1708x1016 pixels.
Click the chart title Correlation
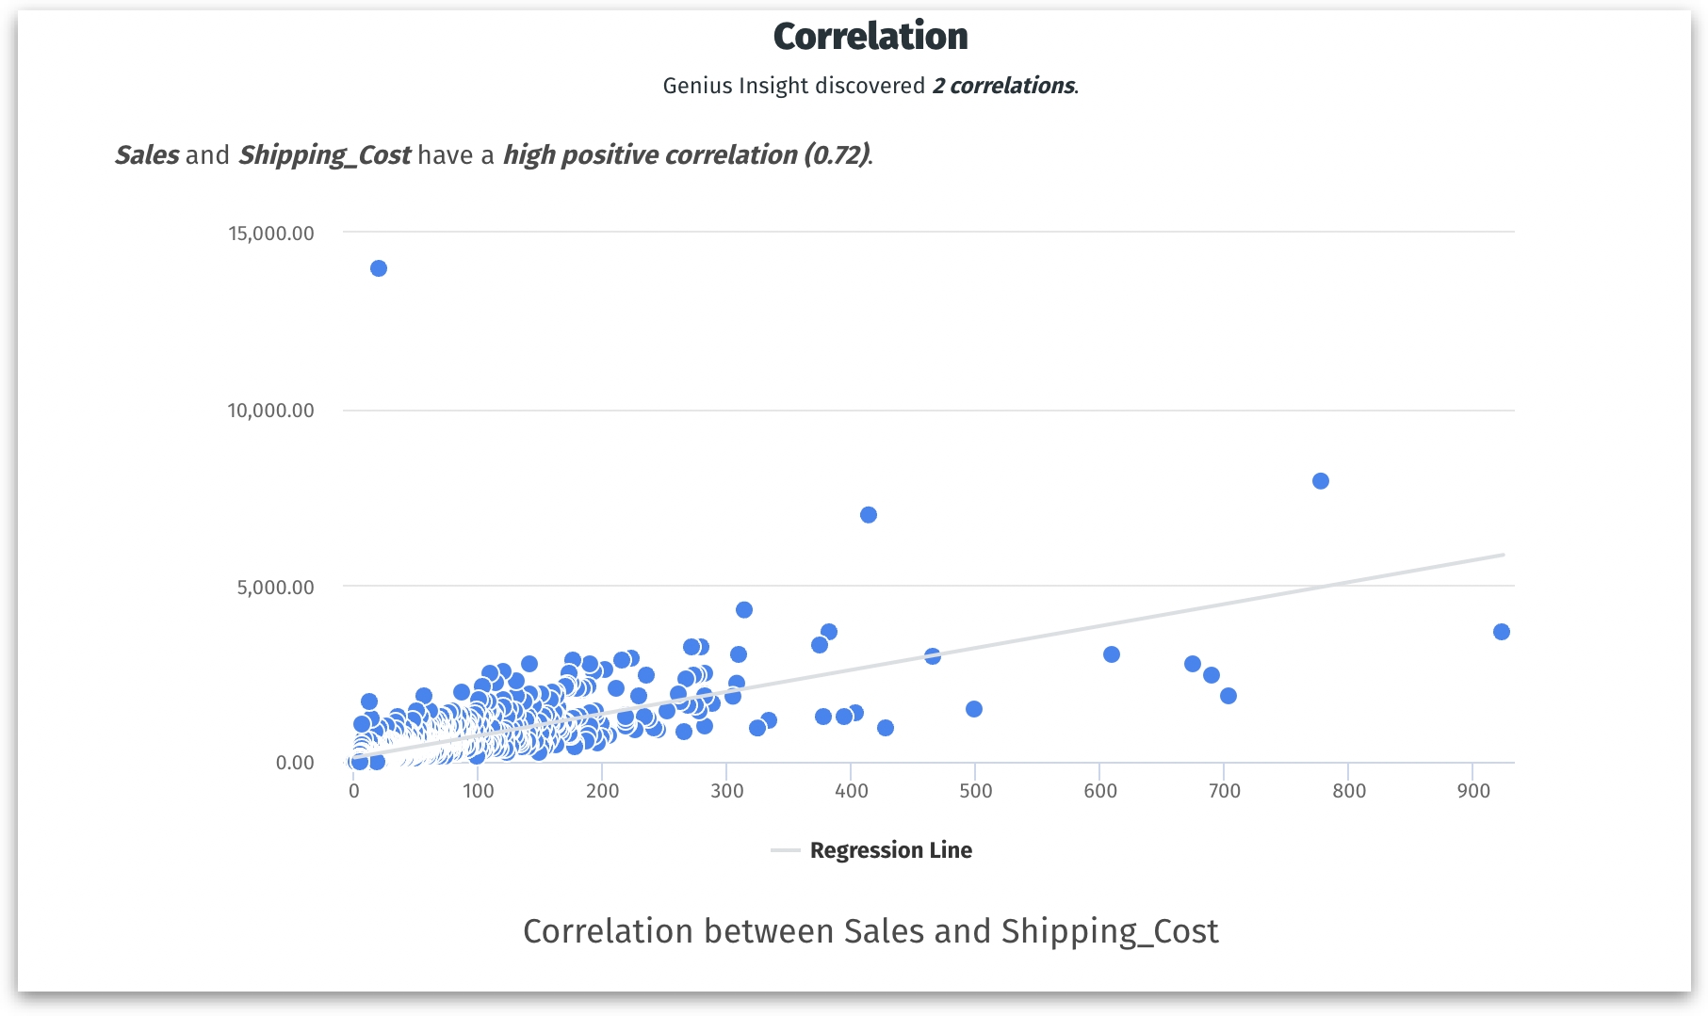(870, 37)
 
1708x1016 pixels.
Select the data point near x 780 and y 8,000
(1321, 481)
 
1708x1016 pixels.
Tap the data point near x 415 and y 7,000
(869, 515)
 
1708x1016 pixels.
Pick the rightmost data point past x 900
(1502, 632)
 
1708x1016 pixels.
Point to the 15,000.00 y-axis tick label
(271, 234)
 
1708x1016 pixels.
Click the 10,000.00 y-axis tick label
(271, 411)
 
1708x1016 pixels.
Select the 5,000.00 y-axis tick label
(275, 588)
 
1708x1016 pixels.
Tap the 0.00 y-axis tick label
(295, 763)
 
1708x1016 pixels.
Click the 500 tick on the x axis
(976, 791)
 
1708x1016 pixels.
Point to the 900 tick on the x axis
(1473, 791)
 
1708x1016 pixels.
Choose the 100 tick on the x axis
(479, 791)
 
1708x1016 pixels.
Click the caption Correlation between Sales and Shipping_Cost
(870, 931)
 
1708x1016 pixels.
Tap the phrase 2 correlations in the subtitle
(1003, 86)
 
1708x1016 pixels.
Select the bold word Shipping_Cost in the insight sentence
(324, 154)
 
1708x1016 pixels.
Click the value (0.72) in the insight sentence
(836, 154)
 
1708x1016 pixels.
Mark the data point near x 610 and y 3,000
(1112, 654)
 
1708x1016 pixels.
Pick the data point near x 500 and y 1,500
(974, 709)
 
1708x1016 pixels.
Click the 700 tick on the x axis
(1225, 791)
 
